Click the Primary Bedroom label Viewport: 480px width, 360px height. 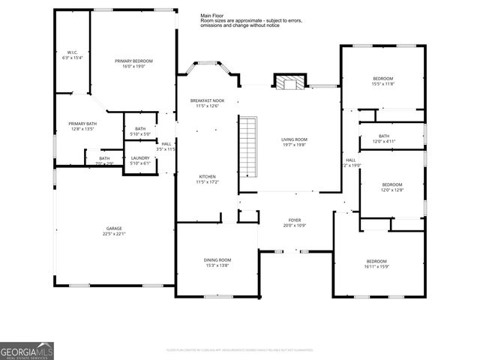(x=134, y=61)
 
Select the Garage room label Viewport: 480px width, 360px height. (x=114, y=228)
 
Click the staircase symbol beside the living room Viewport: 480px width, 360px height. (x=247, y=142)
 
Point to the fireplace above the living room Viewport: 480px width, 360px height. (x=286, y=82)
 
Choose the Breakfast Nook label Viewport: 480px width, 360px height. (x=207, y=100)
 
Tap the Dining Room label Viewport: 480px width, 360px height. (x=217, y=259)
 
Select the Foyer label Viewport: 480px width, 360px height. (x=295, y=220)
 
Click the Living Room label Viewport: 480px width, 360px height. (x=295, y=139)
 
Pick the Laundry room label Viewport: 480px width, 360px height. (x=140, y=157)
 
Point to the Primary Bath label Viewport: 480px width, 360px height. (x=82, y=123)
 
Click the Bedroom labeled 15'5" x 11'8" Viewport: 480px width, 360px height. (x=382, y=79)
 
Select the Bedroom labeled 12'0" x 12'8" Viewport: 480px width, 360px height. (x=392, y=184)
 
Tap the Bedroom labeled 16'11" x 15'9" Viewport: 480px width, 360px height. (x=376, y=261)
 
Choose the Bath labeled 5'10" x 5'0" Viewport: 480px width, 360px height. (x=140, y=129)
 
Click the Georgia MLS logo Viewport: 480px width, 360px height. (x=27, y=350)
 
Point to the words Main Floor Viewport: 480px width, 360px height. (x=212, y=15)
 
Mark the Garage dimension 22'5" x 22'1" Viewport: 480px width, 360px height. (x=114, y=234)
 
